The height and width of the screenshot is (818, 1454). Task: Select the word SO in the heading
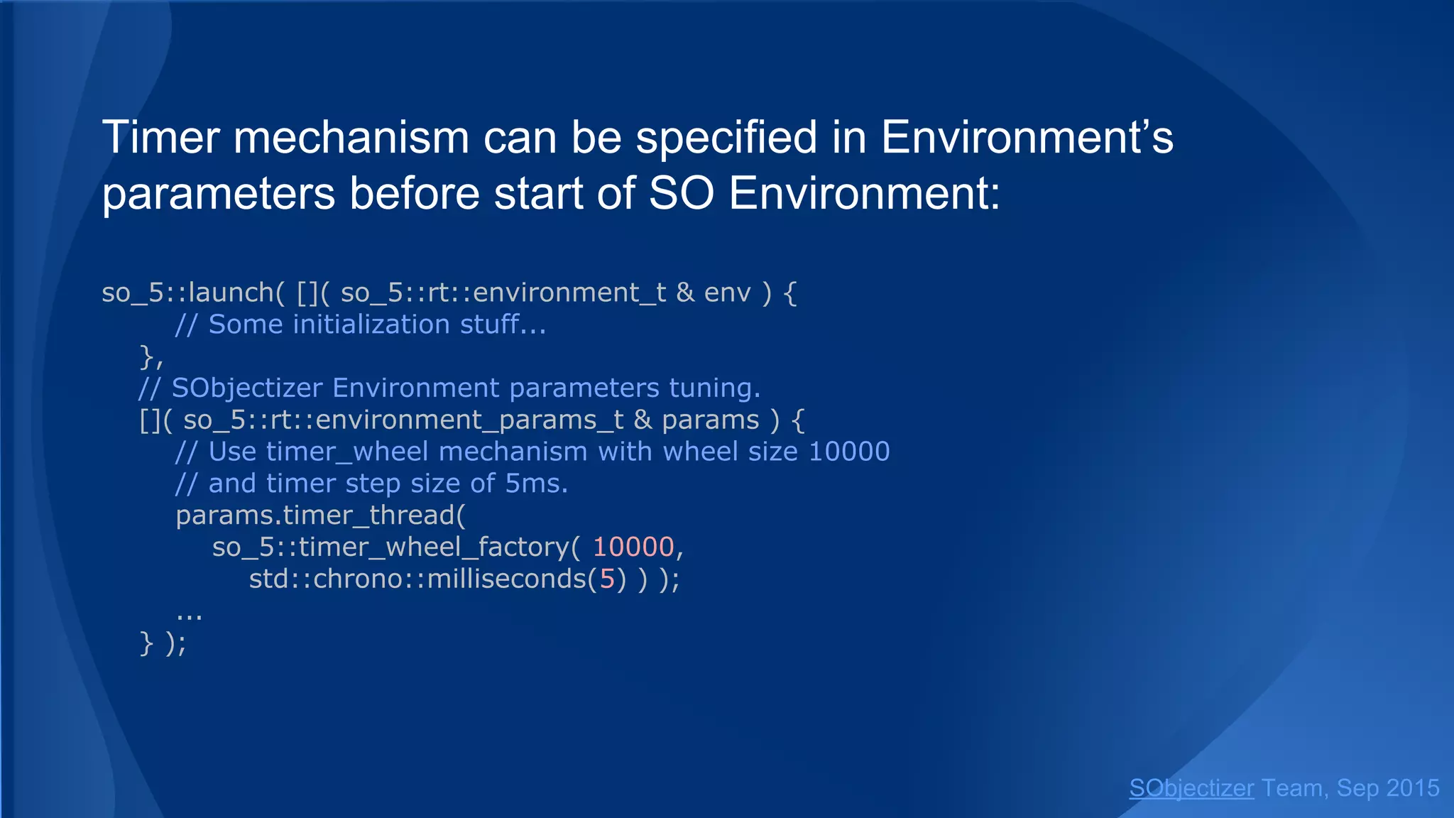point(681,193)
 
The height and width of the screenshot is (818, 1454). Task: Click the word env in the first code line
point(727,293)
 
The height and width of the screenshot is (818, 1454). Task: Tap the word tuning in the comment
point(714,388)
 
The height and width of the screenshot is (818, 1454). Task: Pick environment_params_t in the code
point(469,420)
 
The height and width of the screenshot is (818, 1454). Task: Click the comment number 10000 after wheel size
point(849,452)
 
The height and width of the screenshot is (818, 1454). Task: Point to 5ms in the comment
point(536,484)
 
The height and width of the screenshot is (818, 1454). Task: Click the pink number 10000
point(633,547)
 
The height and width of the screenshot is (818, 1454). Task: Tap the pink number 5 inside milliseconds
point(607,579)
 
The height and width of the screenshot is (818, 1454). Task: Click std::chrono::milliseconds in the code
point(417,579)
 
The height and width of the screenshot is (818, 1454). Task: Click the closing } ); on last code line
point(163,643)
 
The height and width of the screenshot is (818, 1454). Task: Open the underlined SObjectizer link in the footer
point(1191,788)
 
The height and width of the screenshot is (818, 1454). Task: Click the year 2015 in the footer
point(1412,788)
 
